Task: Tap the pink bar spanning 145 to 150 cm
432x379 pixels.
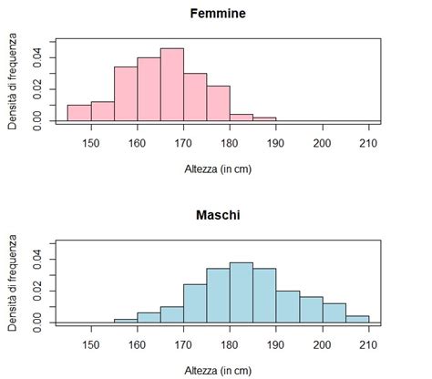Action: (79, 113)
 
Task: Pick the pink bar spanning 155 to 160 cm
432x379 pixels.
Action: (125, 94)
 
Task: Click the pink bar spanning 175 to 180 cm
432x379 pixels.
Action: (218, 103)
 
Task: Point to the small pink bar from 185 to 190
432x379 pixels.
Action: (264, 119)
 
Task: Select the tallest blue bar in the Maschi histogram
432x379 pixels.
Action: (241, 292)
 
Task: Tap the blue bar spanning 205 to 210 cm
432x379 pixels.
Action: (357, 319)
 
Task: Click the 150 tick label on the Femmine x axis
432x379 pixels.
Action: (91, 142)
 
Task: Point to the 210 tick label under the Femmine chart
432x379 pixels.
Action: (368, 142)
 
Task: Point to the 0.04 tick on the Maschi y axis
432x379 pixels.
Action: (38, 259)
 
